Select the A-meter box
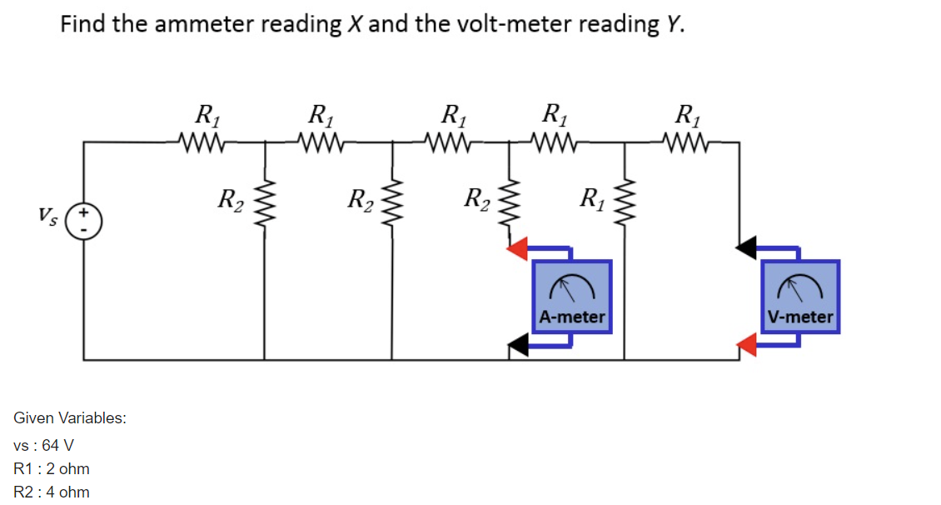click(571, 297)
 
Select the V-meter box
click(800, 297)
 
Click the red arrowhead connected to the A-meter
click(519, 247)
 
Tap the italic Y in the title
click(674, 24)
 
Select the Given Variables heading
click(70, 417)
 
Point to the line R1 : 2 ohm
click(52, 468)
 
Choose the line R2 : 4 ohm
click(52, 492)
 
